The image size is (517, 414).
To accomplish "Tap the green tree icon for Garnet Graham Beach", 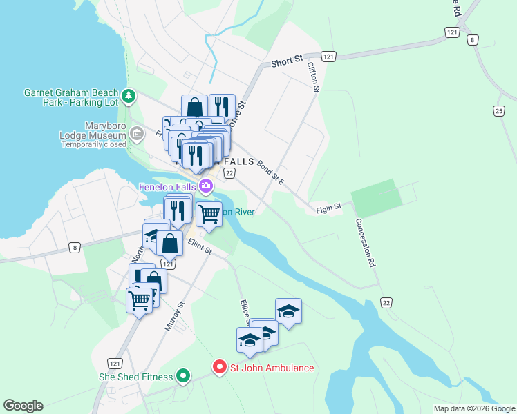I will [128, 95].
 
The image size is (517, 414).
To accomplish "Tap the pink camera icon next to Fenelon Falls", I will [206, 186].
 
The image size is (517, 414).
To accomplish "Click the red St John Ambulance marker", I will [220, 367].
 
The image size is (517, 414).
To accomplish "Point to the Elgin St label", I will [329, 206].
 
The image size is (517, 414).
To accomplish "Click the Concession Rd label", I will [366, 243].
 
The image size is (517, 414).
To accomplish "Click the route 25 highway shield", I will [499, 110].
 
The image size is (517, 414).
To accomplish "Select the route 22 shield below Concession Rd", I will [386, 302].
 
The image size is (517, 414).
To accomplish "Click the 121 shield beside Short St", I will [329, 56].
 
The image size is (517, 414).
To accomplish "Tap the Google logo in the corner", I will [23, 406].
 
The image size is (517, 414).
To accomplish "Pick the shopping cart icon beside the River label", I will [209, 214].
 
